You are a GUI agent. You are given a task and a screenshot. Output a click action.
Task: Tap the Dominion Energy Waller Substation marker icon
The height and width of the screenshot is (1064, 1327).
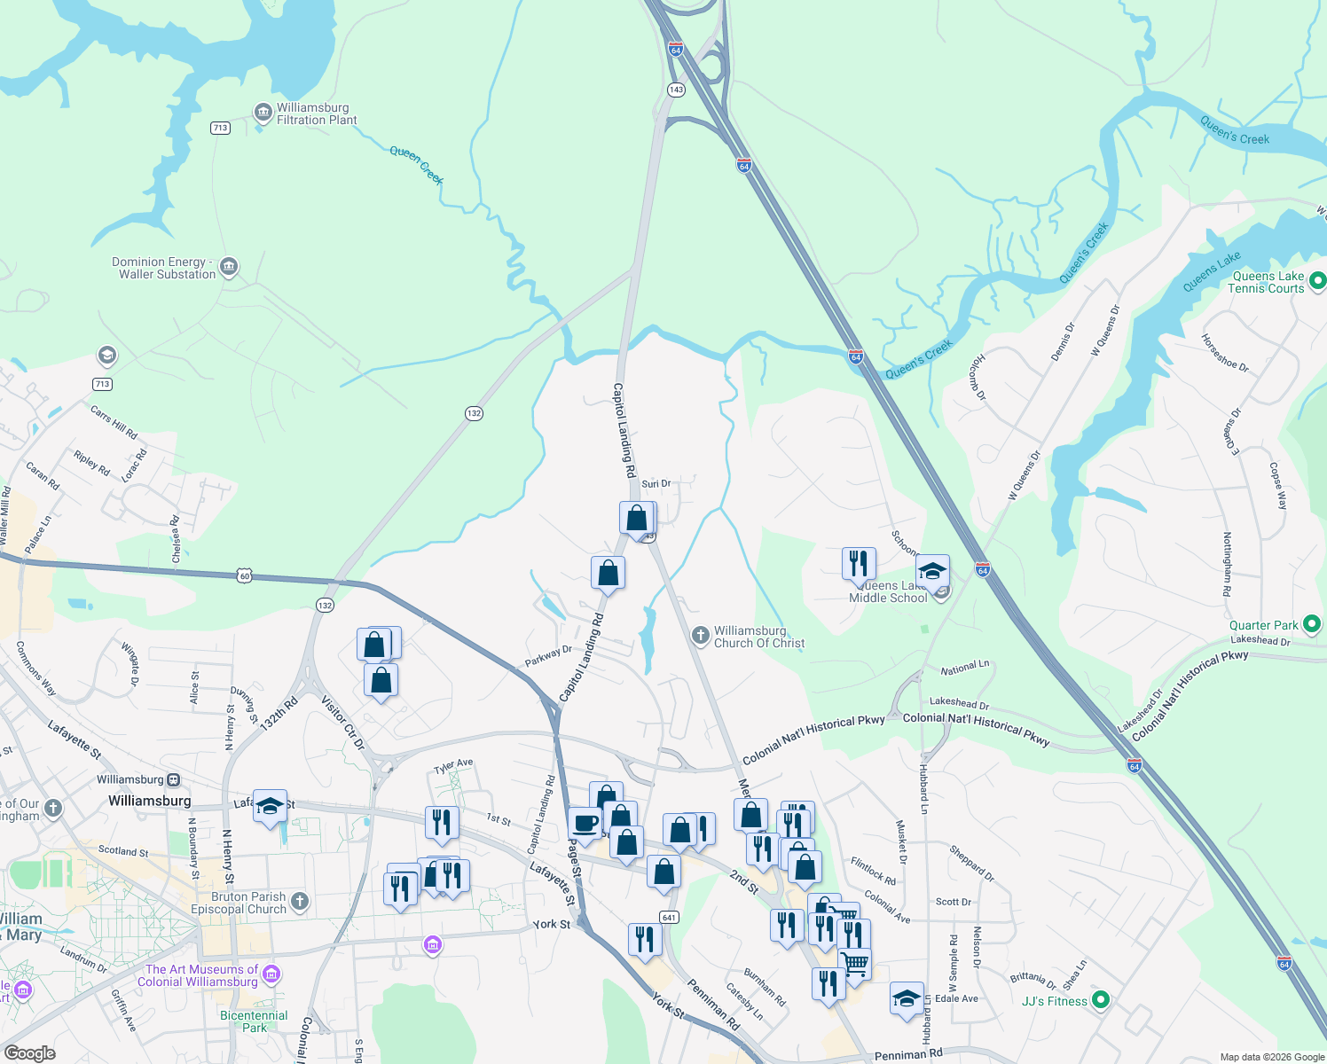pyautogui.click(x=229, y=267)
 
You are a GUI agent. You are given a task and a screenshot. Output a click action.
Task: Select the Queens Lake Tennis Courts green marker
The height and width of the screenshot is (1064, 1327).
pyautogui.click(x=1317, y=281)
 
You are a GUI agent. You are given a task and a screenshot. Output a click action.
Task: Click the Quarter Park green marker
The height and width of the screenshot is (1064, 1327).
pyautogui.click(x=1312, y=624)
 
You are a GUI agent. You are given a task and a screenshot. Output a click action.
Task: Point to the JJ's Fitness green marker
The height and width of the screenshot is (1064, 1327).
pyautogui.click(x=1101, y=1000)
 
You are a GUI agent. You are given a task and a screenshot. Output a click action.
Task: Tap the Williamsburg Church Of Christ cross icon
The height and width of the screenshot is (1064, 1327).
pyautogui.click(x=701, y=635)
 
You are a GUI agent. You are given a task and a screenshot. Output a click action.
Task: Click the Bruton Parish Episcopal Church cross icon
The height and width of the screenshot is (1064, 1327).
pyautogui.click(x=300, y=902)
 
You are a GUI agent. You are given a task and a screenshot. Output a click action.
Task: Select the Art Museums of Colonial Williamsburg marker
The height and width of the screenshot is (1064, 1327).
pyautogui.click(x=271, y=974)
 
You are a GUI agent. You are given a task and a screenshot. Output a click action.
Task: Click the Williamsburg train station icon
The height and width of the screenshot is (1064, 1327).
pyautogui.click(x=174, y=779)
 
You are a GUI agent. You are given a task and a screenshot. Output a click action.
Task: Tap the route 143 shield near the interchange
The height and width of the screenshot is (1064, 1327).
pyautogui.click(x=677, y=90)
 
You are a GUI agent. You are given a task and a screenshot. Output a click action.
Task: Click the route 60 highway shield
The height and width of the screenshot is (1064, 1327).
pyautogui.click(x=245, y=576)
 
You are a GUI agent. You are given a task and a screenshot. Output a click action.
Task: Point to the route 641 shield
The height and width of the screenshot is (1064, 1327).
pyautogui.click(x=669, y=917)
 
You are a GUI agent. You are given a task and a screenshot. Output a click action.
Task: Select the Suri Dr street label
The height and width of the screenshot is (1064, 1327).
pyautogui.click(x=656, y=483)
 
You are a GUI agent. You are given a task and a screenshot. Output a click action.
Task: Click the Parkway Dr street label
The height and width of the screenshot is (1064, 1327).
pyautogui.click(x=548, y=656)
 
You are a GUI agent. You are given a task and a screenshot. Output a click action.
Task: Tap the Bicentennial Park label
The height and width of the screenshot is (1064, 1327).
pyautogui.click(x=254, y=1021)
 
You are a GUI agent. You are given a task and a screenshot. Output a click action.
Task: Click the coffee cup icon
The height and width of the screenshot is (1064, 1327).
pyautogui.click(x=585, y=823)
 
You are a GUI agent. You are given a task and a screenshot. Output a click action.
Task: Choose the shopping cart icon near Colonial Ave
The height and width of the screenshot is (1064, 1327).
pyautogui.click(x=854, y=962)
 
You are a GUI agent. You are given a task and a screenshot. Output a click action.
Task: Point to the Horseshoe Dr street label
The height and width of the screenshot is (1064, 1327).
pyautogui.click(x=1225, y=352)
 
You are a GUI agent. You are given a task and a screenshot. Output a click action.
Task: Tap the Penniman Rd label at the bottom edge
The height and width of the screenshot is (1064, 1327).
pyautogui.click(x=908, y=1054)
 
